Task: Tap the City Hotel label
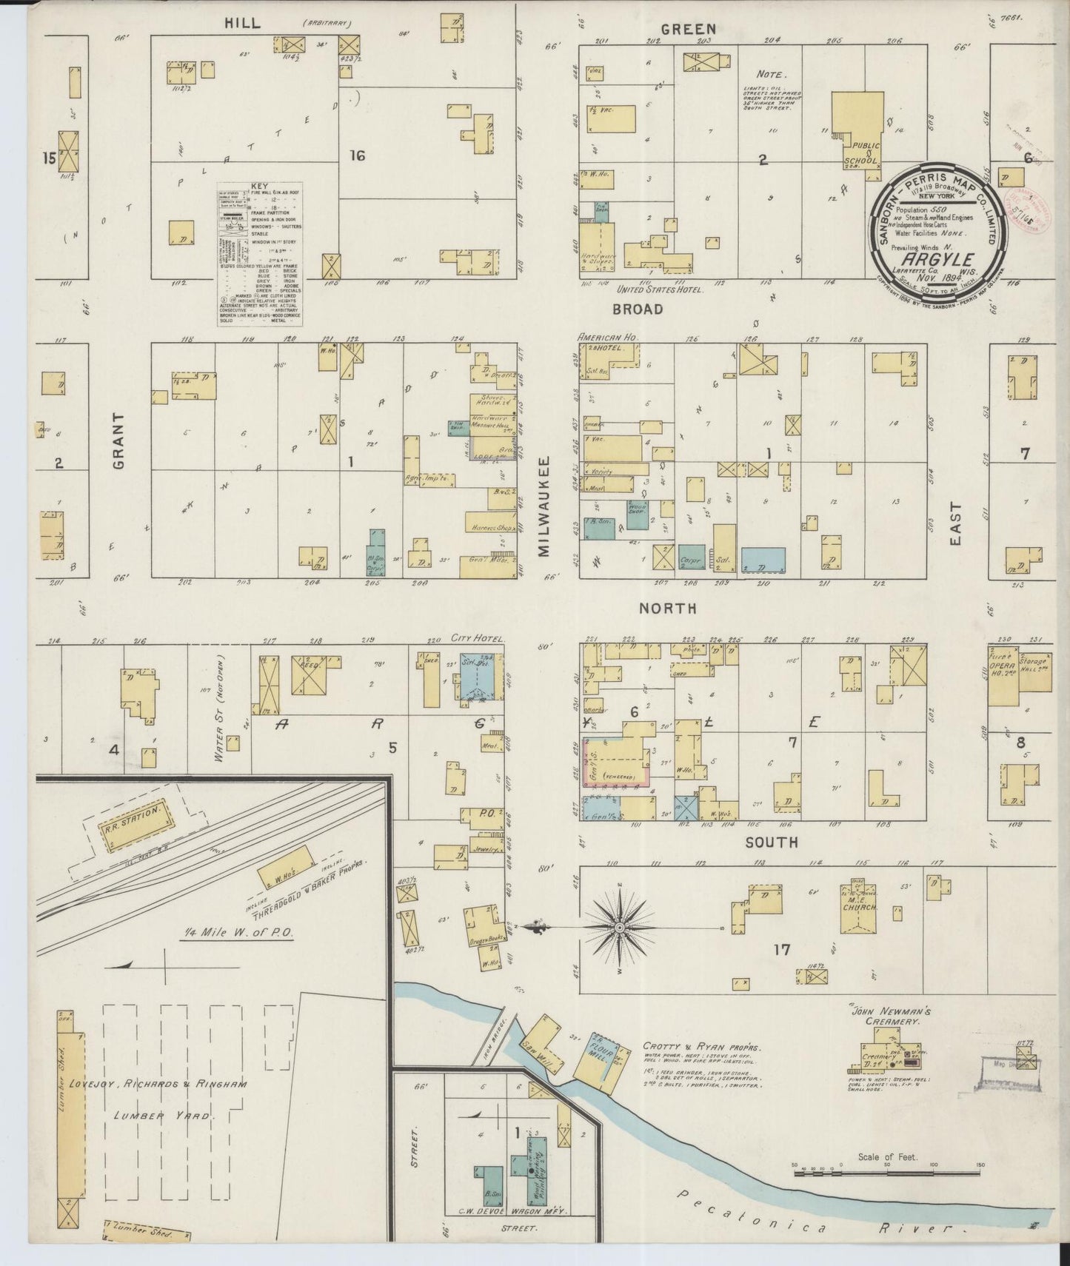tap(478, 638)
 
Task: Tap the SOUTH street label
tap(771, 842)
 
